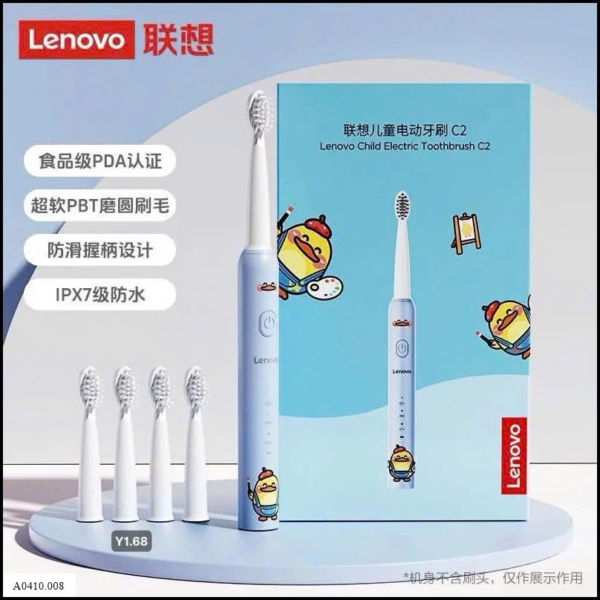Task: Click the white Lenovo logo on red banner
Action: pos(76,39)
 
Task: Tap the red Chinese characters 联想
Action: pos(178,39)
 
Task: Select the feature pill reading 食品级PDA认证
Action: pos(100,160)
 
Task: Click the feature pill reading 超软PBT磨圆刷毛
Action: pos(100,206)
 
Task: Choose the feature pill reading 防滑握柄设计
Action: pos(100,250)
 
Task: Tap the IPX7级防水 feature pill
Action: pos(100,295)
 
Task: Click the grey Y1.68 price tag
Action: pos(131,541)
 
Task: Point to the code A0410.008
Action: pos(39,586)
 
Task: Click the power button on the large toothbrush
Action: pos(268,323)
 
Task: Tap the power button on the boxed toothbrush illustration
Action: pos(402,348)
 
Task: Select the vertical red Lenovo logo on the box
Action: pos(514,456)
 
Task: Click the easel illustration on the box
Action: pos(466,233)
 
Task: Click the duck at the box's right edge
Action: pos(506,329)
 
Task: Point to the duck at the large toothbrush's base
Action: pos(265,494)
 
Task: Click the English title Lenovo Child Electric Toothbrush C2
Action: pos(405,146)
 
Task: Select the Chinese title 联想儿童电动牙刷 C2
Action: pos(405,131)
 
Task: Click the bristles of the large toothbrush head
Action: pos(258,111)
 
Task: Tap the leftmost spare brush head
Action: pos(91,444)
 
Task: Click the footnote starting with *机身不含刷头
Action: pos(493,578)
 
